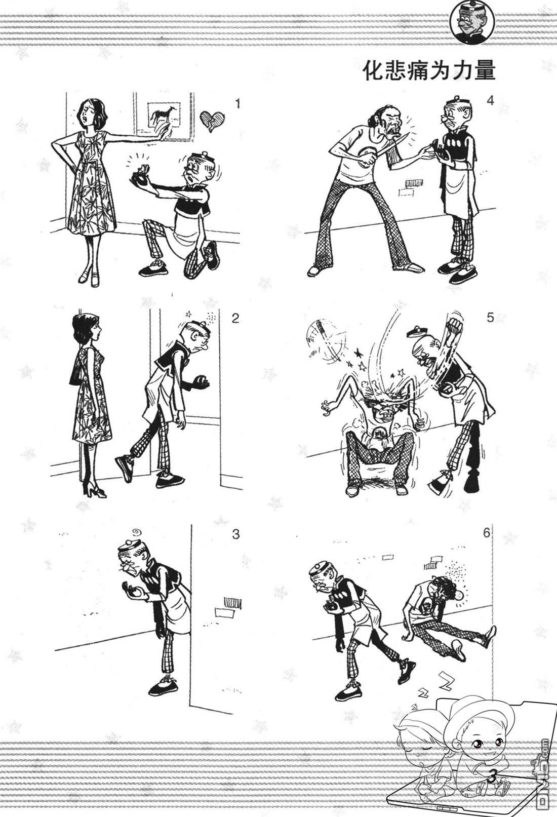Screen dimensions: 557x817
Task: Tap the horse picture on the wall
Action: click(164, 114)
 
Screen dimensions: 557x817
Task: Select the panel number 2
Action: click(235, 319)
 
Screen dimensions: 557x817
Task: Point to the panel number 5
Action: click(490, 318)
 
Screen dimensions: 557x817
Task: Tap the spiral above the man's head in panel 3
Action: click(135, 533)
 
